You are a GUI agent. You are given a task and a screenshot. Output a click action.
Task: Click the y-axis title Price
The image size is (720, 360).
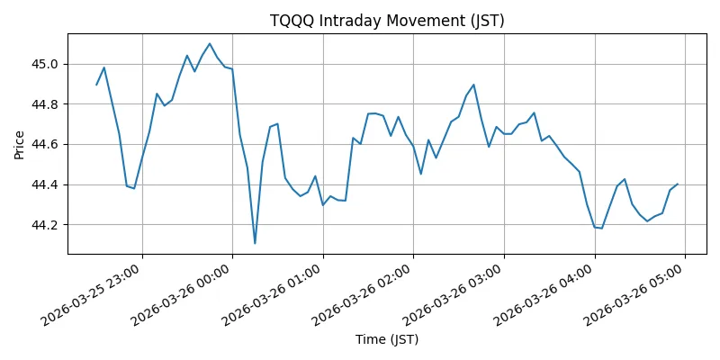[20, 144]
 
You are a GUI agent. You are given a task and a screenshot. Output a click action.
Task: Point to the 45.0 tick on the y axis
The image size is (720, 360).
[45, 64]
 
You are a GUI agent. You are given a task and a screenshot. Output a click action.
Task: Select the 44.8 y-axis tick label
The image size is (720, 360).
[45, 104]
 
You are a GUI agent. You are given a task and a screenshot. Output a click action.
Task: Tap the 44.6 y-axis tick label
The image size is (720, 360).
[45, 144]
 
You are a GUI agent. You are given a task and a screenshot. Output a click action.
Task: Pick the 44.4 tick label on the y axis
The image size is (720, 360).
[45, 184]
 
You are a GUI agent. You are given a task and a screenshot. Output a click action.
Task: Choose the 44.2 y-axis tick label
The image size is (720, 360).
[45, 225]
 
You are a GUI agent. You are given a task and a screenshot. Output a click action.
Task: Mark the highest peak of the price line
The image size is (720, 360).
[210, 43]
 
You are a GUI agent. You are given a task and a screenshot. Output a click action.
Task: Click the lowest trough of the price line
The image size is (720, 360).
[255, 243]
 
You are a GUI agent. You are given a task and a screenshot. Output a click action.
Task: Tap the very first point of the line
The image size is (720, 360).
[96, 85]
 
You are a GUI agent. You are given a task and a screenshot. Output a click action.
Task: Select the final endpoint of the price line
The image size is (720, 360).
[678, 184]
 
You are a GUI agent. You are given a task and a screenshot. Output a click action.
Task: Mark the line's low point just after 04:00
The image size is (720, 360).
[601, 229]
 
